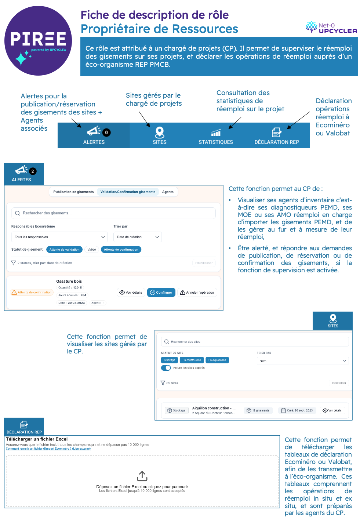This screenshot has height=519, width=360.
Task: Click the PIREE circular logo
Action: pyautogui.click(x=38, y=41)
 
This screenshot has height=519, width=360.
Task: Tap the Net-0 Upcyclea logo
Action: pyautogui.click(x=331, y=28)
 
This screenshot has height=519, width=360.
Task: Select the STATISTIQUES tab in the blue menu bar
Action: pyautogui.click(x=216, y=136)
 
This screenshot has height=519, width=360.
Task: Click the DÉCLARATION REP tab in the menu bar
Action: pyautogui.click(x=277, y=136)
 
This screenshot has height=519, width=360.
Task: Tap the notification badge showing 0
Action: pyautogui.click(x=106, y=133)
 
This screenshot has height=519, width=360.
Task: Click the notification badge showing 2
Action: pyautogui.click(x=33, y=171)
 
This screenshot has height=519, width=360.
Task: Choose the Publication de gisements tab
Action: pyautogui.click(x=73, y=192)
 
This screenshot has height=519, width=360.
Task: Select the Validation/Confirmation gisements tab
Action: pyautogui.click(x=128, y=192)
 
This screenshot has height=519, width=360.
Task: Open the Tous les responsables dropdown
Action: pyautogui.click(x=59, y=237)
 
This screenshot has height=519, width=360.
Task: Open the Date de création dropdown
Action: pyautogui.click(x=138, y=237)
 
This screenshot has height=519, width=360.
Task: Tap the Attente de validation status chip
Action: pyautogui.click(x=64, y=250)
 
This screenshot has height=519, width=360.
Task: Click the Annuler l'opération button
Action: pyautogui.click(x=197, y=293)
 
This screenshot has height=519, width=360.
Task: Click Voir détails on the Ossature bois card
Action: pyautogui.click(x=131, y=293)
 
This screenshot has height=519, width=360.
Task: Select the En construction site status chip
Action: pyautogui.click(x=192, y=360)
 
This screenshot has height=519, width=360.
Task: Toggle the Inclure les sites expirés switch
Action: pyautogui.click(x=166, y=368)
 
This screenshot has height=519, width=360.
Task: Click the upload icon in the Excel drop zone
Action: pyautogui.click(x=142, y=476)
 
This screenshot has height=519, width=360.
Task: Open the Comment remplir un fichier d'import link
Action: pyautogui.click(x=48, y=449)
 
